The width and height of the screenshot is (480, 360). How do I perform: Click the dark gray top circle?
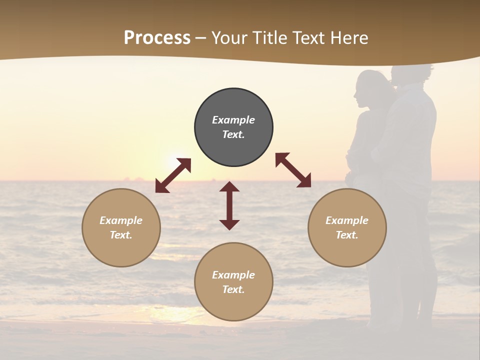pos(233,127)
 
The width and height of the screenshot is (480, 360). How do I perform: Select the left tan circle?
pos(121,227)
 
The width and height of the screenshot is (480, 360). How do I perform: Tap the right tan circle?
pos(347,227)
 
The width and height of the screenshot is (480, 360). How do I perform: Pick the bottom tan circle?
pos(233,282)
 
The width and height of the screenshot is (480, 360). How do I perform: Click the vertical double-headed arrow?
pos(229,205)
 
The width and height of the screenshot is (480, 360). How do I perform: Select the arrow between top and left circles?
pos(173,175)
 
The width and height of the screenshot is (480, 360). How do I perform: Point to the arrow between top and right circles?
pos(293,170)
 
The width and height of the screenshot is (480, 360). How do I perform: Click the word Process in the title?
pos(157,37)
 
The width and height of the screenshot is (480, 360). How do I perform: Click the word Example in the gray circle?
pos(233,120)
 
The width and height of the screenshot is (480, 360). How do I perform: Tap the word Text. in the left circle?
pos(121,235)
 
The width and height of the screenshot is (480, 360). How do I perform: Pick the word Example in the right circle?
pos(347,220)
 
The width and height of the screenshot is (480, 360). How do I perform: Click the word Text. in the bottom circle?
pos(233,289)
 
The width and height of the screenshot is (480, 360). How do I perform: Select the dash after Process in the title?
pos(201,38)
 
